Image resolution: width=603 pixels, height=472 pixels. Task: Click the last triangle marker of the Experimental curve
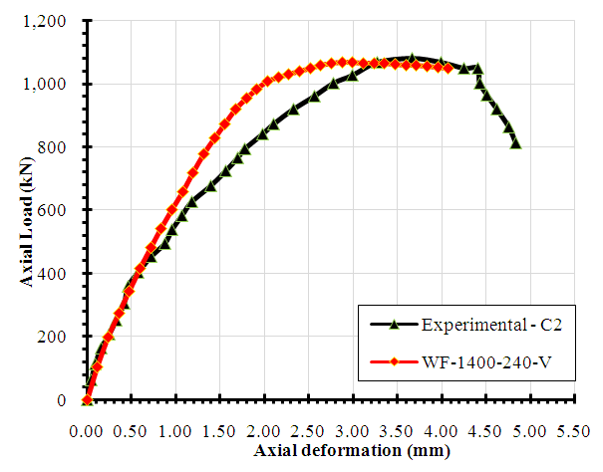pyautogui.click(x=515, y=143)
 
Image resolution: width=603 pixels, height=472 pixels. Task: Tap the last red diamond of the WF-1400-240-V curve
pyautogui.click(x=448, y=68)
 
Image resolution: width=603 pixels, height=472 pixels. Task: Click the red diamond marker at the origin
pyautogui.click(x=87, y=400)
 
